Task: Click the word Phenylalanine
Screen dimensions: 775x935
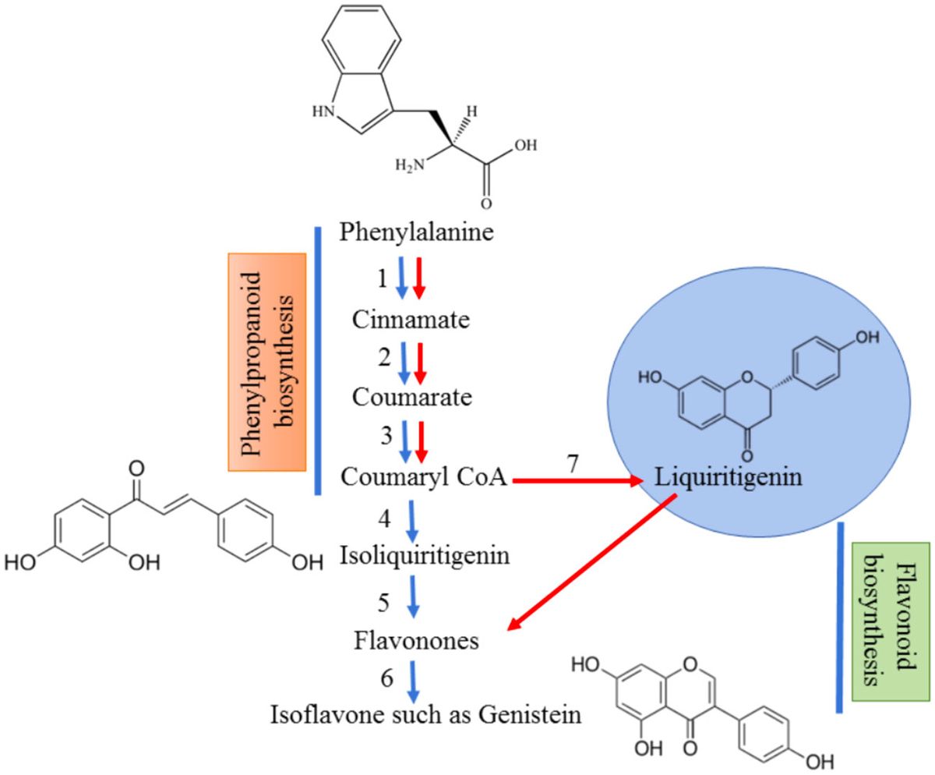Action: pos(417,232)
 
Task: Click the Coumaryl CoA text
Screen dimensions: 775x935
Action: pos(424,481)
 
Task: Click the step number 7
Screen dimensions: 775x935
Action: pos(572,463)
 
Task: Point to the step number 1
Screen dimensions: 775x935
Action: pos(382,278)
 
